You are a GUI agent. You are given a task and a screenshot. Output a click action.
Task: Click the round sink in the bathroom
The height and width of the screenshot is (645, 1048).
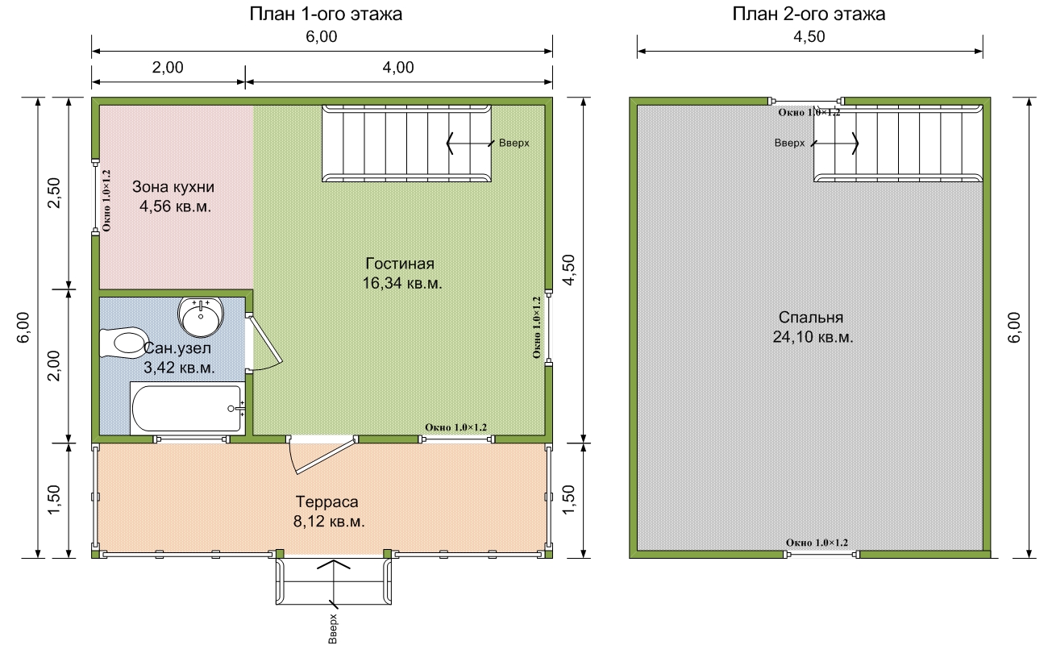(201, 316)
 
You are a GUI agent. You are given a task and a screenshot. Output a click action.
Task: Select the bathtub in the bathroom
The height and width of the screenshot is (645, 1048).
(188, 408)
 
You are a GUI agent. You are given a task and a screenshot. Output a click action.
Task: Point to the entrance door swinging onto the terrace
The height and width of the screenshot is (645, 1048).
(322, 455)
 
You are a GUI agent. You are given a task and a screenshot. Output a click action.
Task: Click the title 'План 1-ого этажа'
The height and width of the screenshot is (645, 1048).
(326, 14)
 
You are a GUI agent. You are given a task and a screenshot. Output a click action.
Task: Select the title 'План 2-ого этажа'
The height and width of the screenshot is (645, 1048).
(809, 14)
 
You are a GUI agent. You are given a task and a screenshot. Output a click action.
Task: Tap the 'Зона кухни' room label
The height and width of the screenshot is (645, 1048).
(173, 187)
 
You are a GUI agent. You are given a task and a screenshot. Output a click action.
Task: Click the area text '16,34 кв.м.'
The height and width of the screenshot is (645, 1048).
(402, 283)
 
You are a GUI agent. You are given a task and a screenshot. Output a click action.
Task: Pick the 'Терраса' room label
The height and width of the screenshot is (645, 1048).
(327, 501)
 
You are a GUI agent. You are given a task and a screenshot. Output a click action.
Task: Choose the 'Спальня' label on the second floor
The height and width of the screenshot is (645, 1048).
(811, 318)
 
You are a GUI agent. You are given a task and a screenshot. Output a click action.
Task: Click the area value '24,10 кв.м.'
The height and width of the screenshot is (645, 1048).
(813, 336)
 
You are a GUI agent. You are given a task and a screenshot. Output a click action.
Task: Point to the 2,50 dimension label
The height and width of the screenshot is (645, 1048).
(54, 193)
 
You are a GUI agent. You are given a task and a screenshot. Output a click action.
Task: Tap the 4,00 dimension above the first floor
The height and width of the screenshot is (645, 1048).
(398, 68)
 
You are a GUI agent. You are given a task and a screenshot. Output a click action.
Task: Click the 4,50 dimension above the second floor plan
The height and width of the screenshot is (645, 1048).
(809, 36)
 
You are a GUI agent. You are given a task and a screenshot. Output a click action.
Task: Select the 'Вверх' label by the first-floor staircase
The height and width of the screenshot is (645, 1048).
(514, 143)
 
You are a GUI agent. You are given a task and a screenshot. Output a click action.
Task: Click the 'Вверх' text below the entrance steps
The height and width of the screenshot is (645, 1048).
(333, 629)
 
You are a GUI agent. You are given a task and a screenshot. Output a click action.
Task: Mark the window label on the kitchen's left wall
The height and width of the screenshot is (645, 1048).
(106, 200)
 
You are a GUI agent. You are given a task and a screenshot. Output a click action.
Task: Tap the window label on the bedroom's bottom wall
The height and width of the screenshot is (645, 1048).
(817, 543)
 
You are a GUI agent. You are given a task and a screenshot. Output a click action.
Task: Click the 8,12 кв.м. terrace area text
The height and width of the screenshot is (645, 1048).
(329, 521)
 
